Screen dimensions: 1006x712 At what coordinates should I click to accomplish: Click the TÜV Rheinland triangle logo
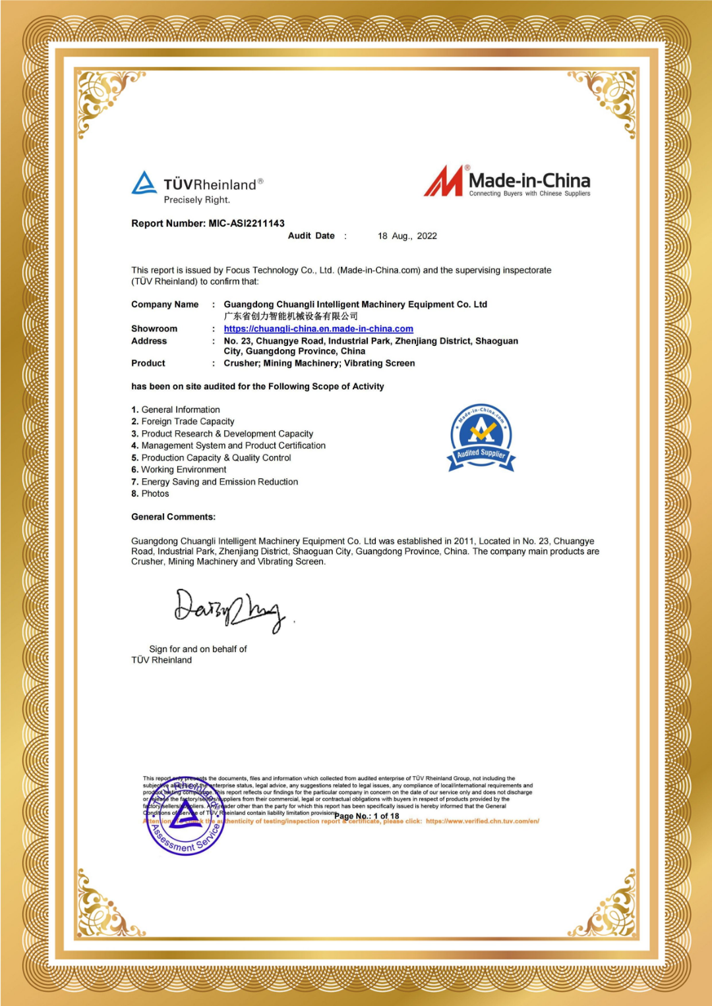click(144, 182)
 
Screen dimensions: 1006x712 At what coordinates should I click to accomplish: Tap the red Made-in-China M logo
click(444, 181)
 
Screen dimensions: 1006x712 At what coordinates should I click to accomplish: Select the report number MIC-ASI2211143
click(247, 223)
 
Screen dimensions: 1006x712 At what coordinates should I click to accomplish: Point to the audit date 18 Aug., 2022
click(407, 236)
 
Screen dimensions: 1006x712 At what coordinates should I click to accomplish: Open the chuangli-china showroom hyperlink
click(318, 329)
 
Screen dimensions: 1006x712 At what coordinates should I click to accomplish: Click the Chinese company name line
click(290, 316)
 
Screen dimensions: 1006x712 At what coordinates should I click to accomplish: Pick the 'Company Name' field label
click(165, 304)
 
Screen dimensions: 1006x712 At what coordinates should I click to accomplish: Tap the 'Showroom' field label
click(154, 329)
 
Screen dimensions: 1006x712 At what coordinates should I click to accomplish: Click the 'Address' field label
click(149, 341)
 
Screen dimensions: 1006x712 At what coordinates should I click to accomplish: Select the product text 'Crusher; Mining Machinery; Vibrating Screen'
click(319, 363)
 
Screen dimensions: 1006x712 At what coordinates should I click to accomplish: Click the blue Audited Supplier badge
click(481, 437)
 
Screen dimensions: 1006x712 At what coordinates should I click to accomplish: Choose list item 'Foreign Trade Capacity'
click(187, 422)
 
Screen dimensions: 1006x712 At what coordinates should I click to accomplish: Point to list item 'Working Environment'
click(183, 470)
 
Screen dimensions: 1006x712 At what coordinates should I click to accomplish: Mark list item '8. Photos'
click(150, 493)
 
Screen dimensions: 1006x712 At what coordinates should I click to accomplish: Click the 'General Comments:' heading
click(173, 517)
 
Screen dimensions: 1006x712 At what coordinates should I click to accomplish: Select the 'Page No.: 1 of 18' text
click(367, 816)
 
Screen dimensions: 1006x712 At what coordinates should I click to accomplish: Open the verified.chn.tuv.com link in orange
click(482, 821)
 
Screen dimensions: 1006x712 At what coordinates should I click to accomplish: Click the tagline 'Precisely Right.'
click(196, 200)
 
